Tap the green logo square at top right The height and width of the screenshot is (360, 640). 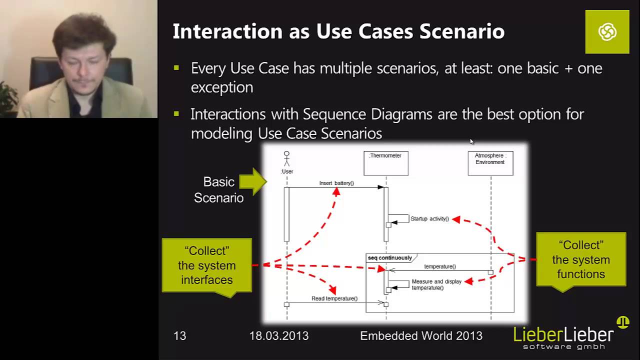tap(607, 32)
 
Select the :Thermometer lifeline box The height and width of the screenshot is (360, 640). tap(385, 163)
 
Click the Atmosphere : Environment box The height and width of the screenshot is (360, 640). tap(490, 163)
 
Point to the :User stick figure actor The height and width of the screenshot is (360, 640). tap(286, 159)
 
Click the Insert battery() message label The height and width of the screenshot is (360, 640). tap(336, 183)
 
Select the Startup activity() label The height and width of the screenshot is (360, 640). tap(429, 219)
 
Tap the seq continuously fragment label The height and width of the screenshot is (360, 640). tap(390, 258)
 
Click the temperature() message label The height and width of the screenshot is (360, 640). tap(440, 266)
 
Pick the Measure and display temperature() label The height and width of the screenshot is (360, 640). tap(436, 284)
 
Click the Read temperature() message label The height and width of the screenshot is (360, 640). tap(334, 298)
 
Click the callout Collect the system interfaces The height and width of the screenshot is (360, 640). tap(206, 265)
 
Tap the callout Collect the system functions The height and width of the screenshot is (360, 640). tap(580, 259)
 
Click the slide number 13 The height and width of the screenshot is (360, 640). tap(179, 336)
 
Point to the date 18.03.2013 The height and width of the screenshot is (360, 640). tap(279, 336)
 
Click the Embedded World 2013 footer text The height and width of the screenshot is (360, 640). tap(421, 336)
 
